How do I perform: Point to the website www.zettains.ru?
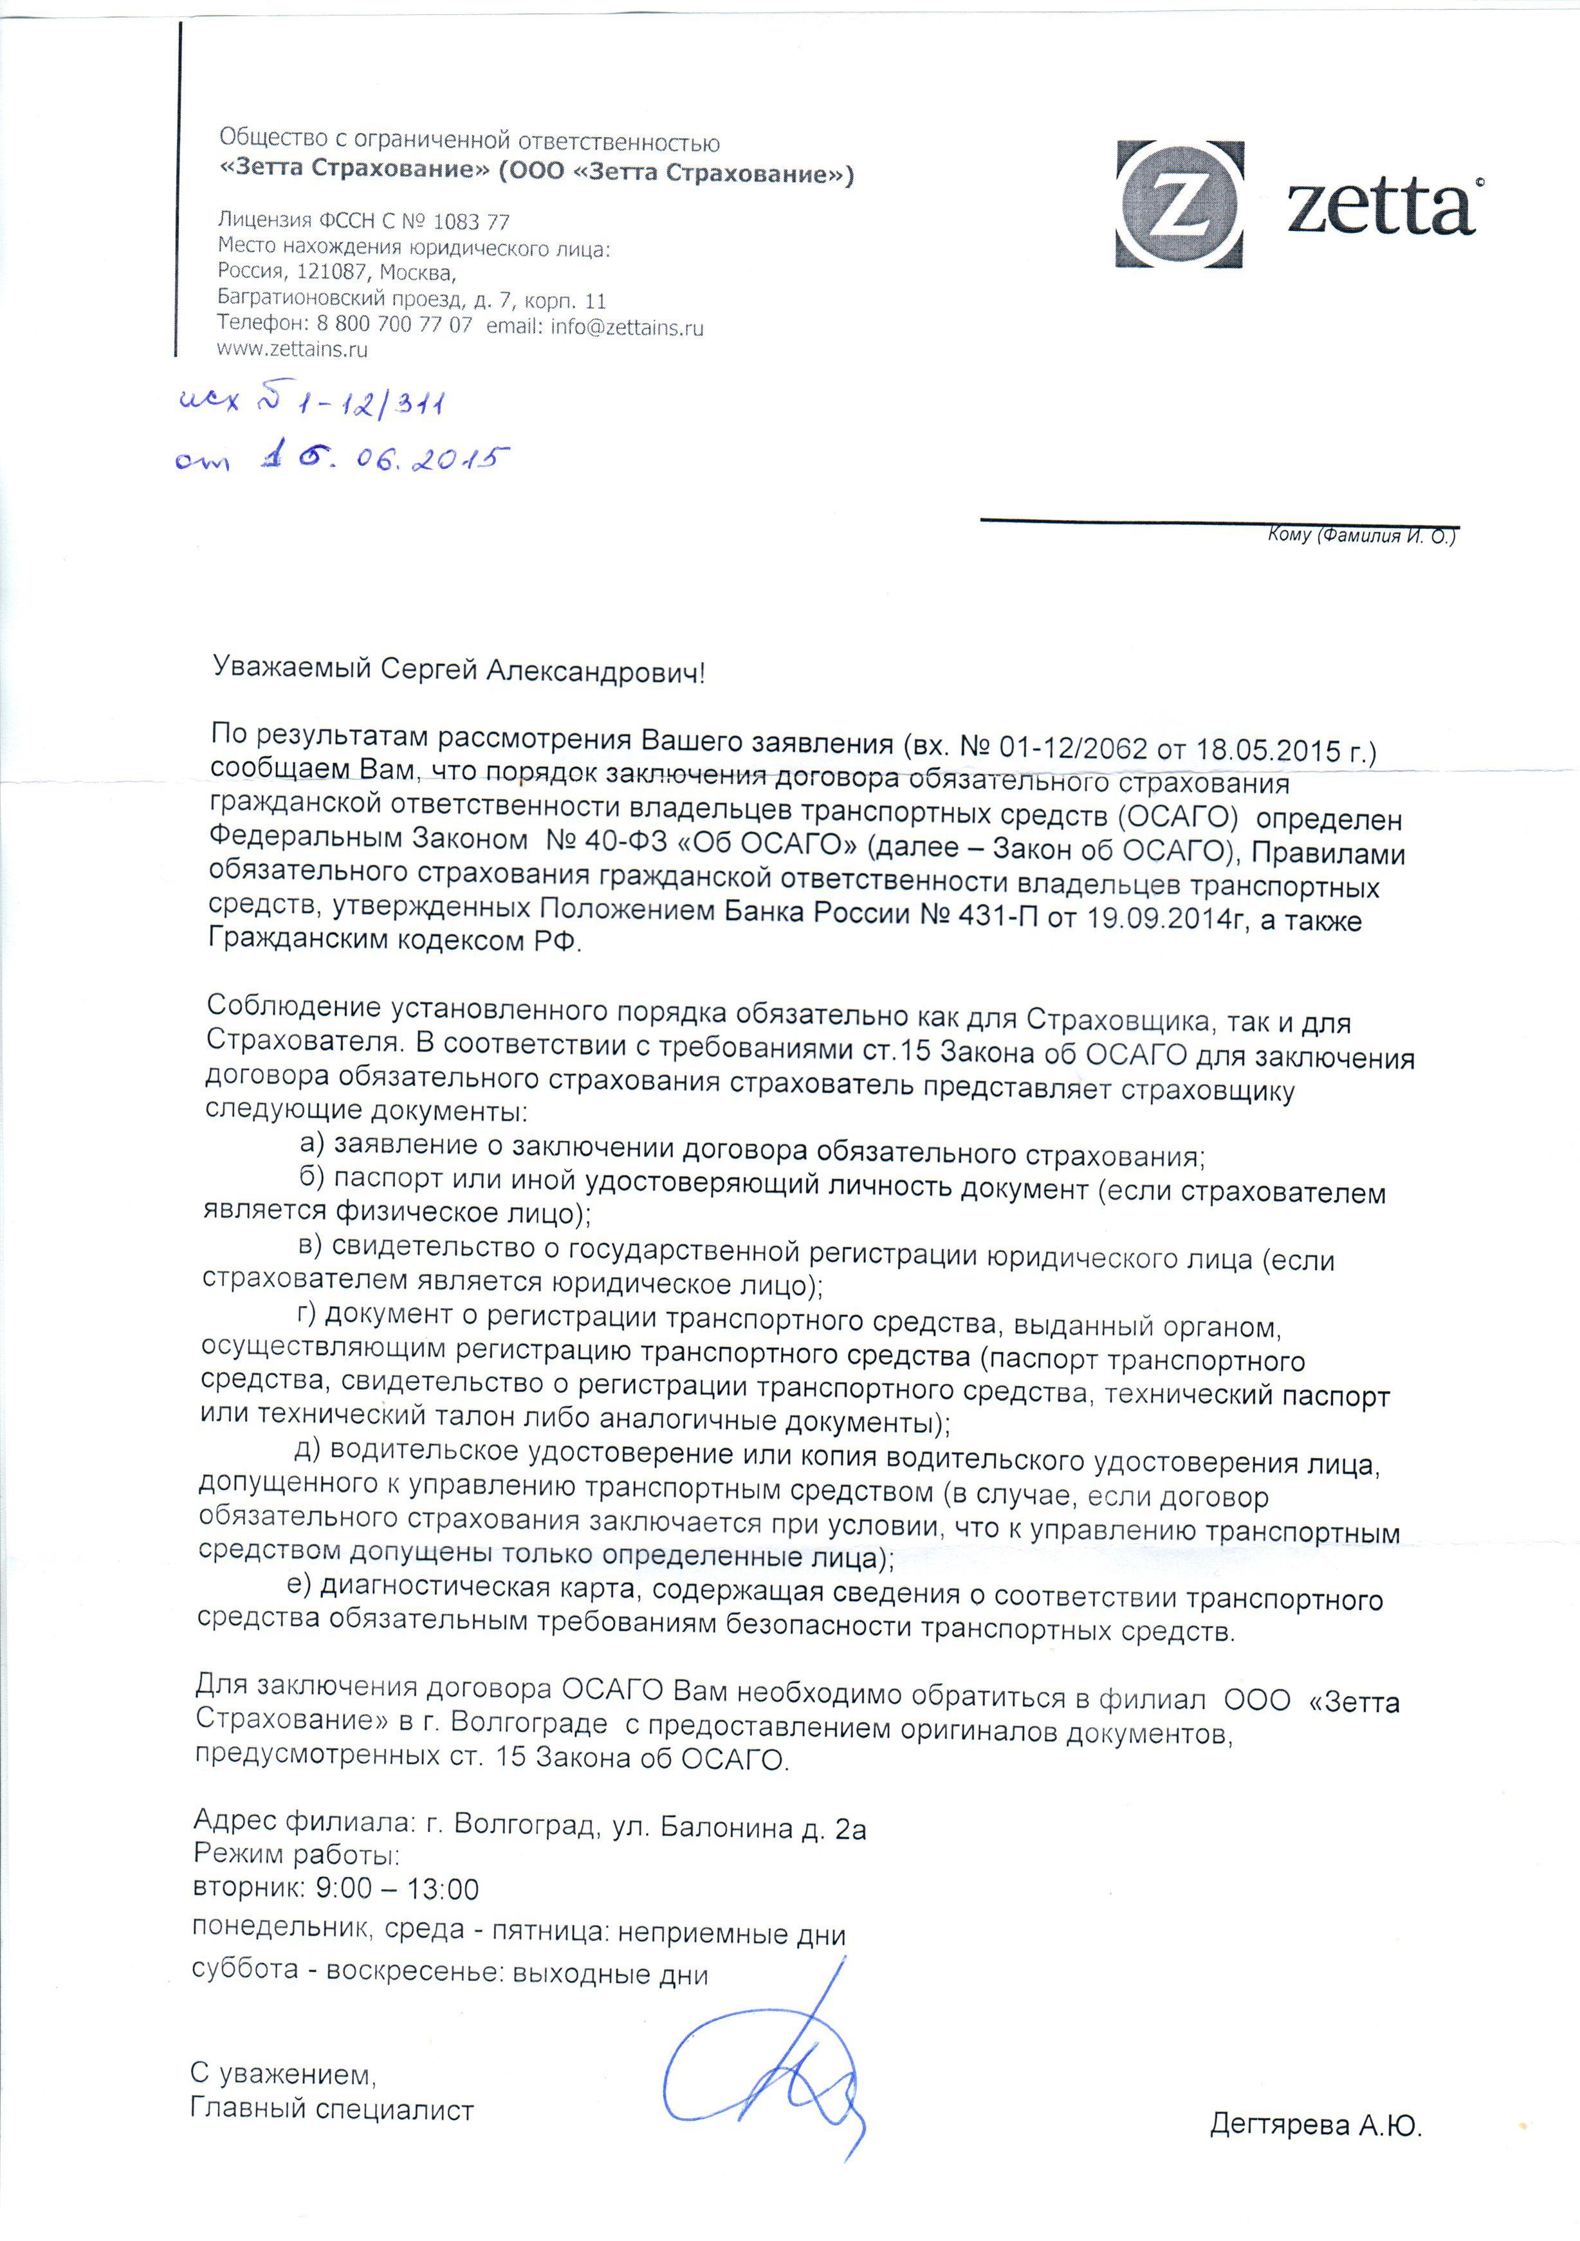coord(293,349)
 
